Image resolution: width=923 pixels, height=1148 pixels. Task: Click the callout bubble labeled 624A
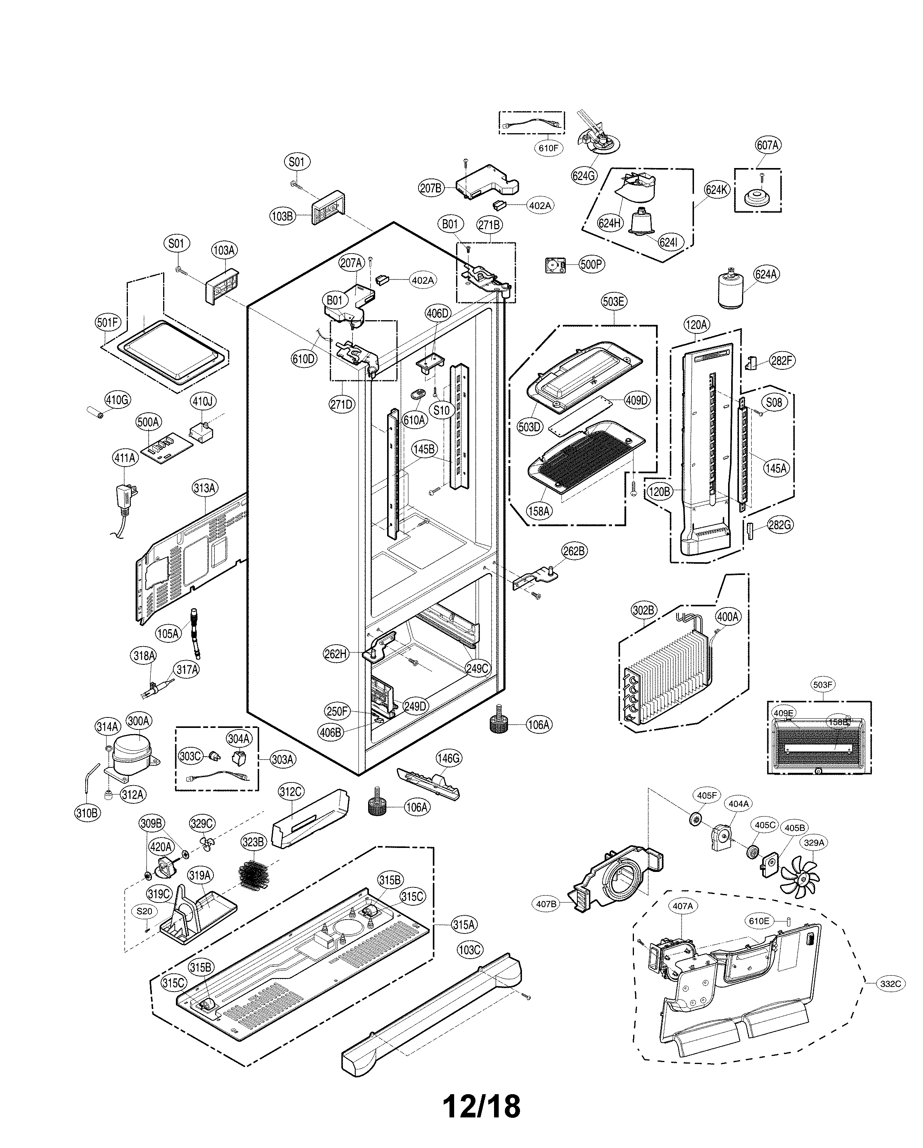coord(766,274)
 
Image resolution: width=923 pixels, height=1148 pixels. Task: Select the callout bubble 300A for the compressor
coord(139,721)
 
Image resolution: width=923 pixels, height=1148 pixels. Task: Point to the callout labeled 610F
coord(548,148)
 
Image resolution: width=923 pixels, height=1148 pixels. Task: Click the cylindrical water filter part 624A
coord(734,290)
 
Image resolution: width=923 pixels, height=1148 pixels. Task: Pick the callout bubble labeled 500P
coord(592,264)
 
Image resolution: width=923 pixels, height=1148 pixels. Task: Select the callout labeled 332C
coord(890,984)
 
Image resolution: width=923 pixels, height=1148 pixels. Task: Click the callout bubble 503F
coord(822,685)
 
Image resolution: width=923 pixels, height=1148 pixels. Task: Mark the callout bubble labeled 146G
coord(448,758)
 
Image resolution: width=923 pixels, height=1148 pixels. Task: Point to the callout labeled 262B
coord(574,552)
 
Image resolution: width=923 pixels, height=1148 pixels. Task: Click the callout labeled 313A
coord(205,488)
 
